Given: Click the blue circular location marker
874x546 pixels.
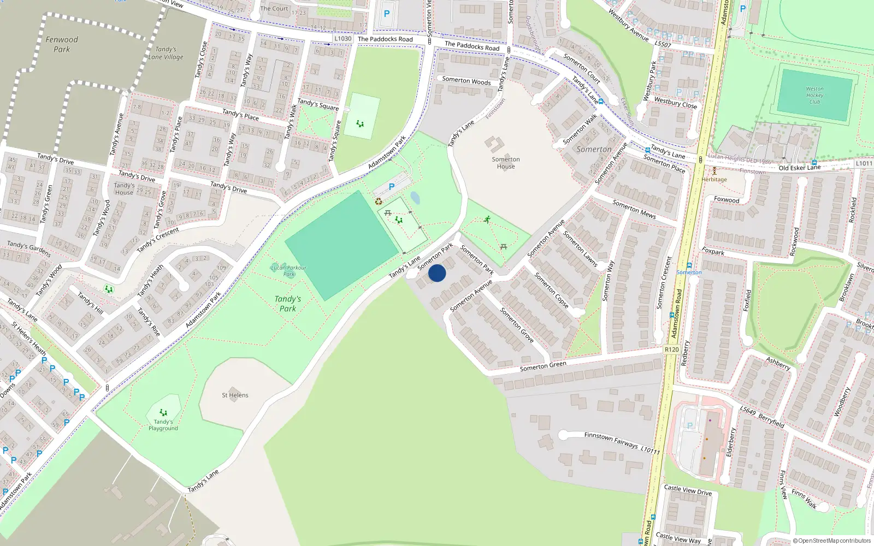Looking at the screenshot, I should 437,273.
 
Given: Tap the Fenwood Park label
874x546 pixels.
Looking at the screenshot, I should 62,44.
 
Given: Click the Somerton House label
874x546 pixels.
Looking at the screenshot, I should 506,163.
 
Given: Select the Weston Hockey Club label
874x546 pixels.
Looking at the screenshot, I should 814,95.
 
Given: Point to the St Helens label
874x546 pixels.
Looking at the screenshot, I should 235,395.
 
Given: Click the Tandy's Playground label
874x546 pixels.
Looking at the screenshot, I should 163,425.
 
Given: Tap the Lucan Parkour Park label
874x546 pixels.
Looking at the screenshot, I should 288,271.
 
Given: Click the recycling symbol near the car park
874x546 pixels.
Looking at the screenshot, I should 379,201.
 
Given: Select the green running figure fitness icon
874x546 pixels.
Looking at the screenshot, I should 487,219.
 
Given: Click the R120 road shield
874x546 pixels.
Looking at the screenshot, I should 672,349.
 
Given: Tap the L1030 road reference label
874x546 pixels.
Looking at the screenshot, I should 343,39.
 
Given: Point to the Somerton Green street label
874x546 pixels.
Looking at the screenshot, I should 543,366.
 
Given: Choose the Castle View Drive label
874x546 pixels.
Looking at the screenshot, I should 688,490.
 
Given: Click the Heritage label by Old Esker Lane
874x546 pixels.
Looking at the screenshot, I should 714,179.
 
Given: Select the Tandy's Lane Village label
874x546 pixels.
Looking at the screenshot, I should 166,53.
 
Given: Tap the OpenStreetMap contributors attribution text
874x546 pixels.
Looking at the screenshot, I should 832,541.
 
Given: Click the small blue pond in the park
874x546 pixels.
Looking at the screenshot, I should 415,198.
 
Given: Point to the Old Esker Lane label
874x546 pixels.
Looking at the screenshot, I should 800,168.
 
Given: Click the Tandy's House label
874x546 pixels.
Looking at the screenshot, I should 124,189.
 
